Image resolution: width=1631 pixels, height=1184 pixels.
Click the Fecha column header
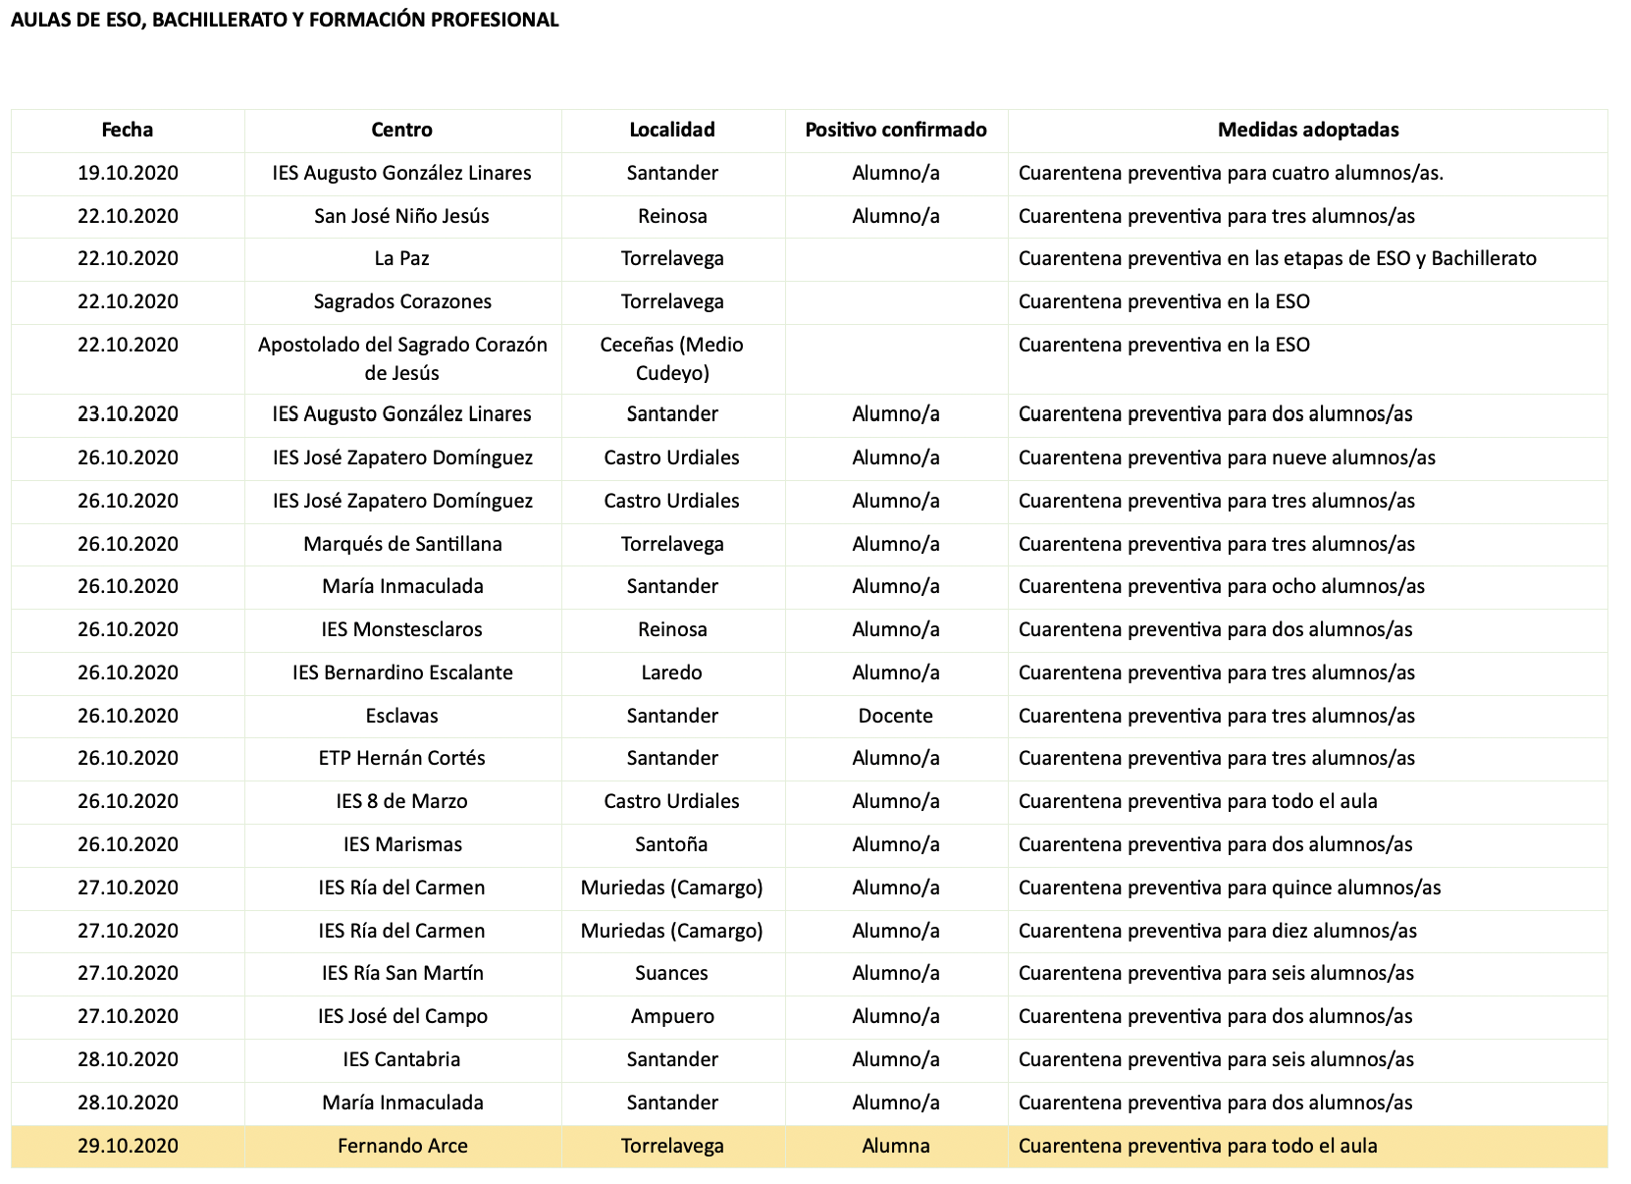click(x=128, y=130)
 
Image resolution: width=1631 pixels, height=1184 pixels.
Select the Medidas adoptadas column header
click(x=1307, y=130)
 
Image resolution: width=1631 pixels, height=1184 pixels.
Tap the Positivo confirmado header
click(x=895, y=130)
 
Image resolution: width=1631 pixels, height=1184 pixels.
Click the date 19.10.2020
click(x=128, y=173)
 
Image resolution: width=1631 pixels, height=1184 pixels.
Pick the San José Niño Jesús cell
click(x=401, y=216)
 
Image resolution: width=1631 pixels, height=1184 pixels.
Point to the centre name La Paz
click(x=401, y=258)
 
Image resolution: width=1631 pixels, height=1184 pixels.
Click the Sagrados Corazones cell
click(x=401, y=301)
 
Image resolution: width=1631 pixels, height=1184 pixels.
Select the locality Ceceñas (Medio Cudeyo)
click(x=671, y=358)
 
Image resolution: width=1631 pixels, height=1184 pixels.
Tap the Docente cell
click(x=895, y=716)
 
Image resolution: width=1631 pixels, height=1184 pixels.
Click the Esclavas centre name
click(x=401, y=716)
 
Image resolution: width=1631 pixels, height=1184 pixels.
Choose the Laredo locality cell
click(x=671, y=673)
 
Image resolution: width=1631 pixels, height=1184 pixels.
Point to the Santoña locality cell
click(x=671, y=844)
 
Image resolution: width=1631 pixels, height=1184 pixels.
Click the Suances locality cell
click(x=671, y=973)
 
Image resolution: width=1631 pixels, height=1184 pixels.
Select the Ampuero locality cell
click(x=671, y=1016)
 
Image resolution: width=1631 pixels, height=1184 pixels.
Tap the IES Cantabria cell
click(x=401, y=1059)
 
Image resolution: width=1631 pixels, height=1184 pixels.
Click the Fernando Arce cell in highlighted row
click(x=401, y=1146)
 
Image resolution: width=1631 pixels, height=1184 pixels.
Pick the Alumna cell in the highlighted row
click(x=895, y=1146)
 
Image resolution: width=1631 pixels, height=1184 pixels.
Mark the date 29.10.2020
click(x=128, y=1146)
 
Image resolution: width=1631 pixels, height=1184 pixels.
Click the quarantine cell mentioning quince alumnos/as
click(x=1229, y=888)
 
